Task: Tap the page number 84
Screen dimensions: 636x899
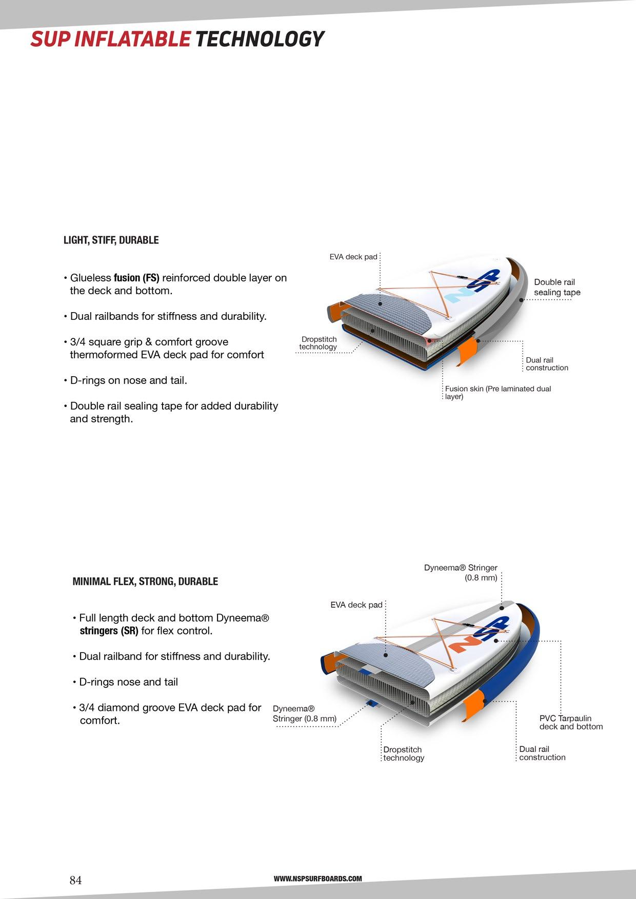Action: coord(75,880)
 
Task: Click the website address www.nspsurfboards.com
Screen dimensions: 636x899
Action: coord(317,878)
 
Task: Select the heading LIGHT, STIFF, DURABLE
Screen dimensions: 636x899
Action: coord(111,240)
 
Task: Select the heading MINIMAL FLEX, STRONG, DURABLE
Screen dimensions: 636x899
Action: coord(145,581)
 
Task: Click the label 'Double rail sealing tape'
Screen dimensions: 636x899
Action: coord(556,287)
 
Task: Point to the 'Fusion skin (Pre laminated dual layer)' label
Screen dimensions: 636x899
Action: coord(498,393)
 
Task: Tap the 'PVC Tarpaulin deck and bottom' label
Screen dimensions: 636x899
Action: coord(571,722)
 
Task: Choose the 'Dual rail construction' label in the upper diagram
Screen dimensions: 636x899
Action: coord(547,364)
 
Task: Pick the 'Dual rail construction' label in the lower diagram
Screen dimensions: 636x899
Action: coord(542,753)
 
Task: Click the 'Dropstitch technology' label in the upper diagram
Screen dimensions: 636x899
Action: coord(319,343)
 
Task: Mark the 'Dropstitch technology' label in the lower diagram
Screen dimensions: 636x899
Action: coord(404,753)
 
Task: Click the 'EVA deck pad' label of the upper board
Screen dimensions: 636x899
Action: coord(353,257)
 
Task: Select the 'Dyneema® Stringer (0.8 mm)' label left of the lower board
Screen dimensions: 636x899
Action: coord(304,713)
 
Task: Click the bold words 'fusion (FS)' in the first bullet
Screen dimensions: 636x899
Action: coord(136,278)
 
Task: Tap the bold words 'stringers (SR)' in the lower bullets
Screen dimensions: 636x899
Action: coord(109,631)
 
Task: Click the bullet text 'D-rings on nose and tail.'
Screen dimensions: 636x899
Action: coord(128,380)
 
